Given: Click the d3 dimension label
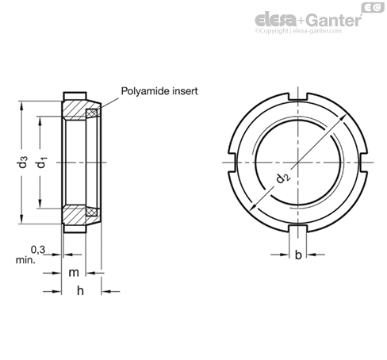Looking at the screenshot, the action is click(x=23, y=162).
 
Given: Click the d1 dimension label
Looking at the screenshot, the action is click(x=41, y=163).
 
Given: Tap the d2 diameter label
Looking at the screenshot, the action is click(x=283, y=178).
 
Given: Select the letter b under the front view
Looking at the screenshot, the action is click(x=298, y=255).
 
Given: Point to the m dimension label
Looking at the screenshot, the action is click(x=74, y=272).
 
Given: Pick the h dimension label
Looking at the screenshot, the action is click(x=80, y=290).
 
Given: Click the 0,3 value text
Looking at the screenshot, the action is click(x=38, y=249).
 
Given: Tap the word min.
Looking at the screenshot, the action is click(x=25, y=260).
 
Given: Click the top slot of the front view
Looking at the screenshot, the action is click(x=298, y=97).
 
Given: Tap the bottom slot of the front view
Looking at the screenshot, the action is click(x=298, y=229).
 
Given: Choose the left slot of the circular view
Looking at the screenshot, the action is click(x=232, y=163).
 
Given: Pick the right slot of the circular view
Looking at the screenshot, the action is click(x=363, y=163).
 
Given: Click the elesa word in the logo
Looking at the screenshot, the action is click(x=276, y=20).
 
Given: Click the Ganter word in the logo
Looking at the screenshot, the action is click(x=335, y=20).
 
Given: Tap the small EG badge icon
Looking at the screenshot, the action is click(x=373, y=8).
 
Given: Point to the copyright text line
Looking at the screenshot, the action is click(x=298, y=31).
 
